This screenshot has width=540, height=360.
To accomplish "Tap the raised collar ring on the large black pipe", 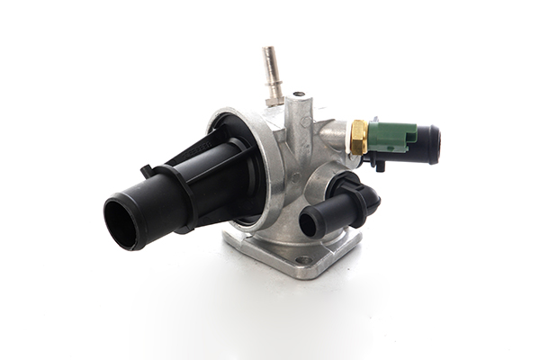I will (184, 193).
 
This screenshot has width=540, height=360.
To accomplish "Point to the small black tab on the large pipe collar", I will (146, 169).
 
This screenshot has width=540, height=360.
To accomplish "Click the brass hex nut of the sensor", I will (357, 138).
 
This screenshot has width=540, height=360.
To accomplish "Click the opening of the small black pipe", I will (309, 223).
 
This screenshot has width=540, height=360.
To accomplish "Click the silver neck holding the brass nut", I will (337, 137).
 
